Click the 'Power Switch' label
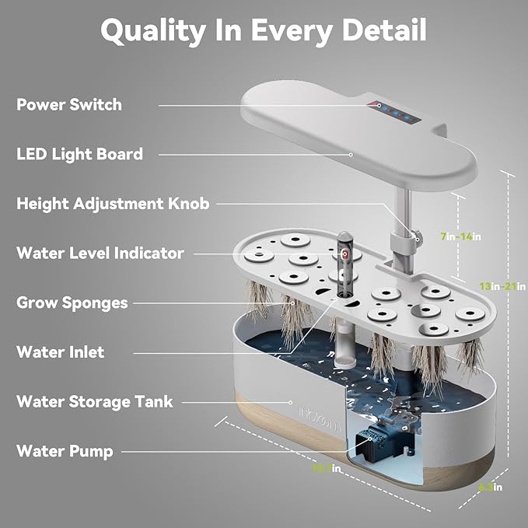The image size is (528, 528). (x=69, y=104)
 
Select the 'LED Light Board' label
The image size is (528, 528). (x=80, y=154)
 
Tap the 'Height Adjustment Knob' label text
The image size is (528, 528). (x=114, y=204)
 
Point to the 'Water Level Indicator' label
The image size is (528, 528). (x=100, y=253)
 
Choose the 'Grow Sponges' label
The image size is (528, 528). (x=72, y=302)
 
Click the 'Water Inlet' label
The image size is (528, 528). (x=61, y=352)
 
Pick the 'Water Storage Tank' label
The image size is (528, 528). (x=95, y=402)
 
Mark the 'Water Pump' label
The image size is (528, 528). (x=65, y=451)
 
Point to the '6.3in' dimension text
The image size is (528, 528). (x=490, y=487)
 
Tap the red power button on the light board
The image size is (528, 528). (x=379, y=105)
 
